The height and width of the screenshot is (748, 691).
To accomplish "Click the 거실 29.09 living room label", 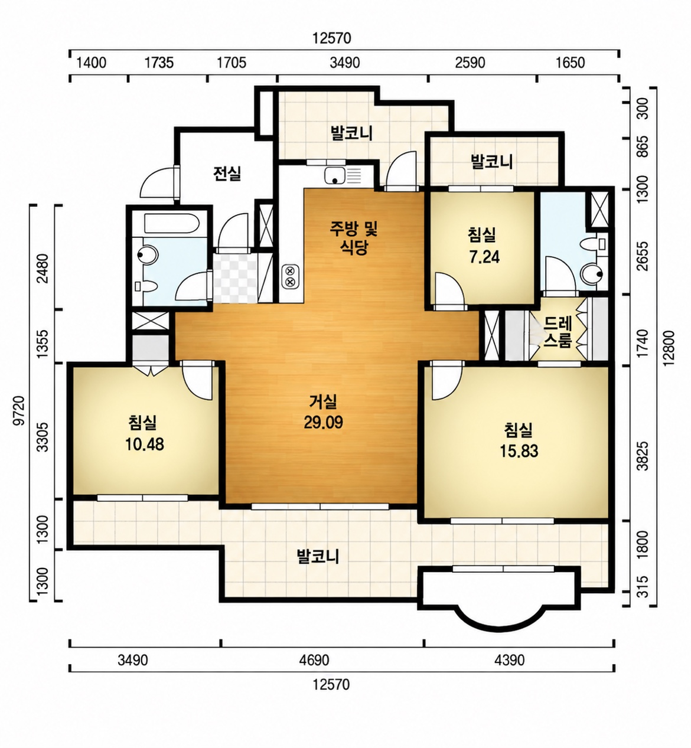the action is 324,412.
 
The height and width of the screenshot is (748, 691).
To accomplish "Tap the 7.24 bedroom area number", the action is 484,257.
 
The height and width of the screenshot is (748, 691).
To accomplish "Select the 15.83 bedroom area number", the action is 519,451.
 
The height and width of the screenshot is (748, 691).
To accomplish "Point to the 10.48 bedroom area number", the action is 145,445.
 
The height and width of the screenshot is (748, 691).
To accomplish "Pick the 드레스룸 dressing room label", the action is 558,332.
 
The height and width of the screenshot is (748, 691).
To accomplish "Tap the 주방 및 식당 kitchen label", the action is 354,238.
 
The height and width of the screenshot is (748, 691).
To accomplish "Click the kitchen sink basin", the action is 334,176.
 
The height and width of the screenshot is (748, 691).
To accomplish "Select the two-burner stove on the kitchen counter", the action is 290,276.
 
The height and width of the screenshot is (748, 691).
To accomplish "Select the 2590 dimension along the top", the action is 470,63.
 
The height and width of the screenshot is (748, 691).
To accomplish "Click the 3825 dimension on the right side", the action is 644,456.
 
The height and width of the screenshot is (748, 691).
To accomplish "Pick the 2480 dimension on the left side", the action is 44,269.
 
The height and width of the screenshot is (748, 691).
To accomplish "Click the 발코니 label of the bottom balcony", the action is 318,557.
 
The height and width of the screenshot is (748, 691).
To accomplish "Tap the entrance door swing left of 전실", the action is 158,183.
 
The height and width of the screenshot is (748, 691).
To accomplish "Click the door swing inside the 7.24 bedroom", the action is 449,290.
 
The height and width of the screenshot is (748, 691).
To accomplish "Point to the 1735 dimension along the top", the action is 159,63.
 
